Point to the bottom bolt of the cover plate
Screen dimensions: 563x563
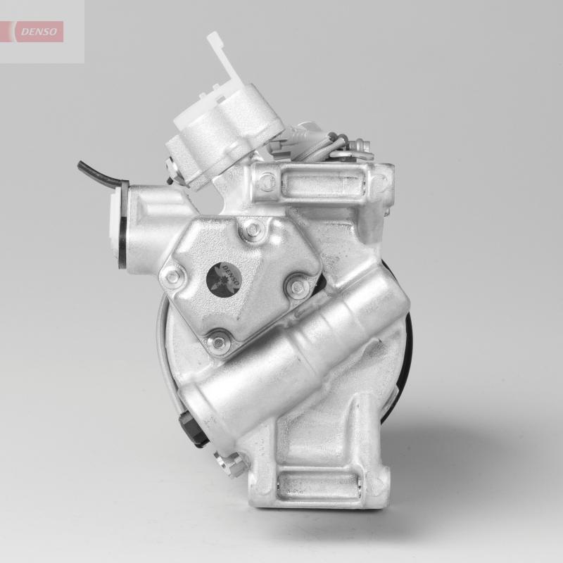tap(220, 343)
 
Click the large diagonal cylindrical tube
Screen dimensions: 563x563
tap(296, 352)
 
